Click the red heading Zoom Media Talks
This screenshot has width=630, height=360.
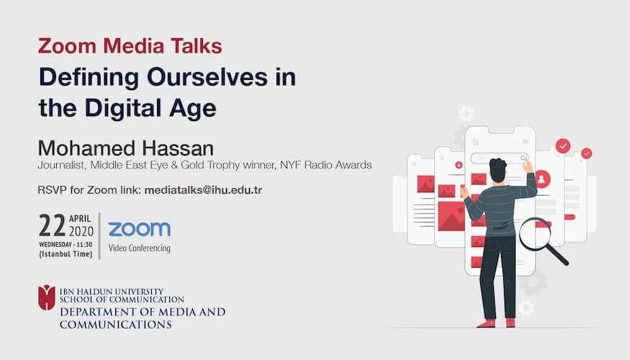130,45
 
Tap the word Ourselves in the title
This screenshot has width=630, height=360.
207,77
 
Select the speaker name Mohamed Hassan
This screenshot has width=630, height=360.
126,148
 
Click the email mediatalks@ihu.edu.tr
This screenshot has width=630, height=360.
203,190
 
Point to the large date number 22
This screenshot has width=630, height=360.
53,225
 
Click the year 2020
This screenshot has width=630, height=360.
81,231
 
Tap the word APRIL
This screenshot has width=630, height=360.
80,219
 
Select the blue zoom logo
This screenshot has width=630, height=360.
140,229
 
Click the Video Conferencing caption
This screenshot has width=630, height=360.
140,248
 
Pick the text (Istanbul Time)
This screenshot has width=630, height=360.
66,254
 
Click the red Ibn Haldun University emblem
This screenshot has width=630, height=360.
47,297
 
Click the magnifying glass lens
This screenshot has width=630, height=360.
535,233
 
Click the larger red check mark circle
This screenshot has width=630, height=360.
563,145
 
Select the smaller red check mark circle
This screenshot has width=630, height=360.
587,153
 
